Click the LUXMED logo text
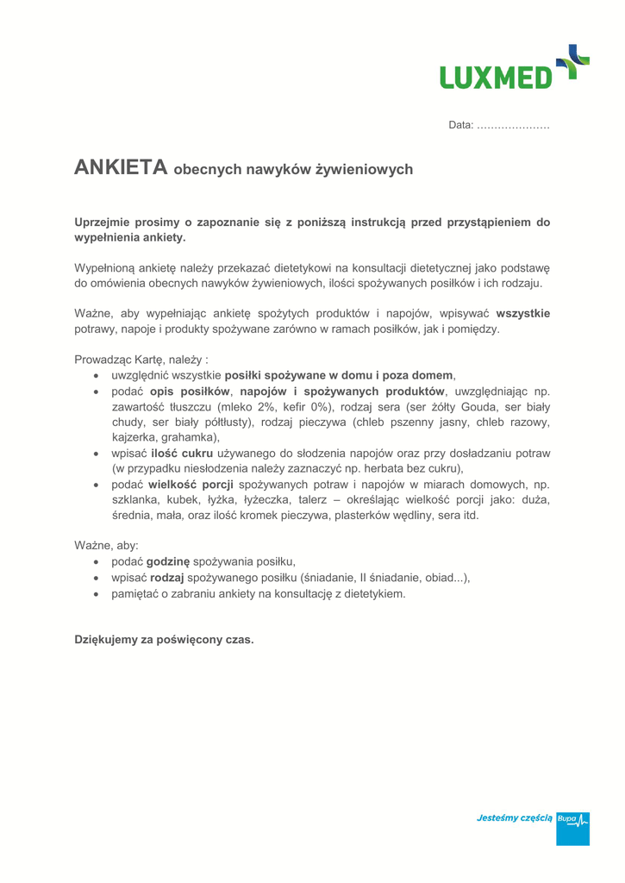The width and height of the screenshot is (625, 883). (x=494, y=76)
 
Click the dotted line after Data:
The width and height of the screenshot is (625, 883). (x=513, y=126)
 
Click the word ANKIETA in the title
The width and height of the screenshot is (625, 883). (x=121, y=168)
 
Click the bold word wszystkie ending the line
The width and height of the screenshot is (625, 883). (x=522, y=312)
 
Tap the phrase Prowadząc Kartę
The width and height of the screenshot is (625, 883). (x=121, y=359)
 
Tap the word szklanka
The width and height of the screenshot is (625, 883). (x=136, y=500)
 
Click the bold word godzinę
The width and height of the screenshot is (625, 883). (x=168, y=561)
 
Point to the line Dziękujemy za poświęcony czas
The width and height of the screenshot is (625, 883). (x=164, y=640)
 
